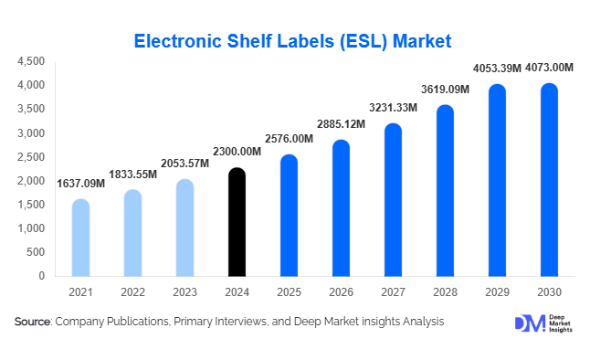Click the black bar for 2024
tap(237, 222)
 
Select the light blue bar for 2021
tap(80, 238)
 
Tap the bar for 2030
tap(549, 180)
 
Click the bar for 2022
tap(132, 233)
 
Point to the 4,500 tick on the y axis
tap(29, 61)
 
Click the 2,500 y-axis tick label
tap(29, 157)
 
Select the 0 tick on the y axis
tap(41, 275)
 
